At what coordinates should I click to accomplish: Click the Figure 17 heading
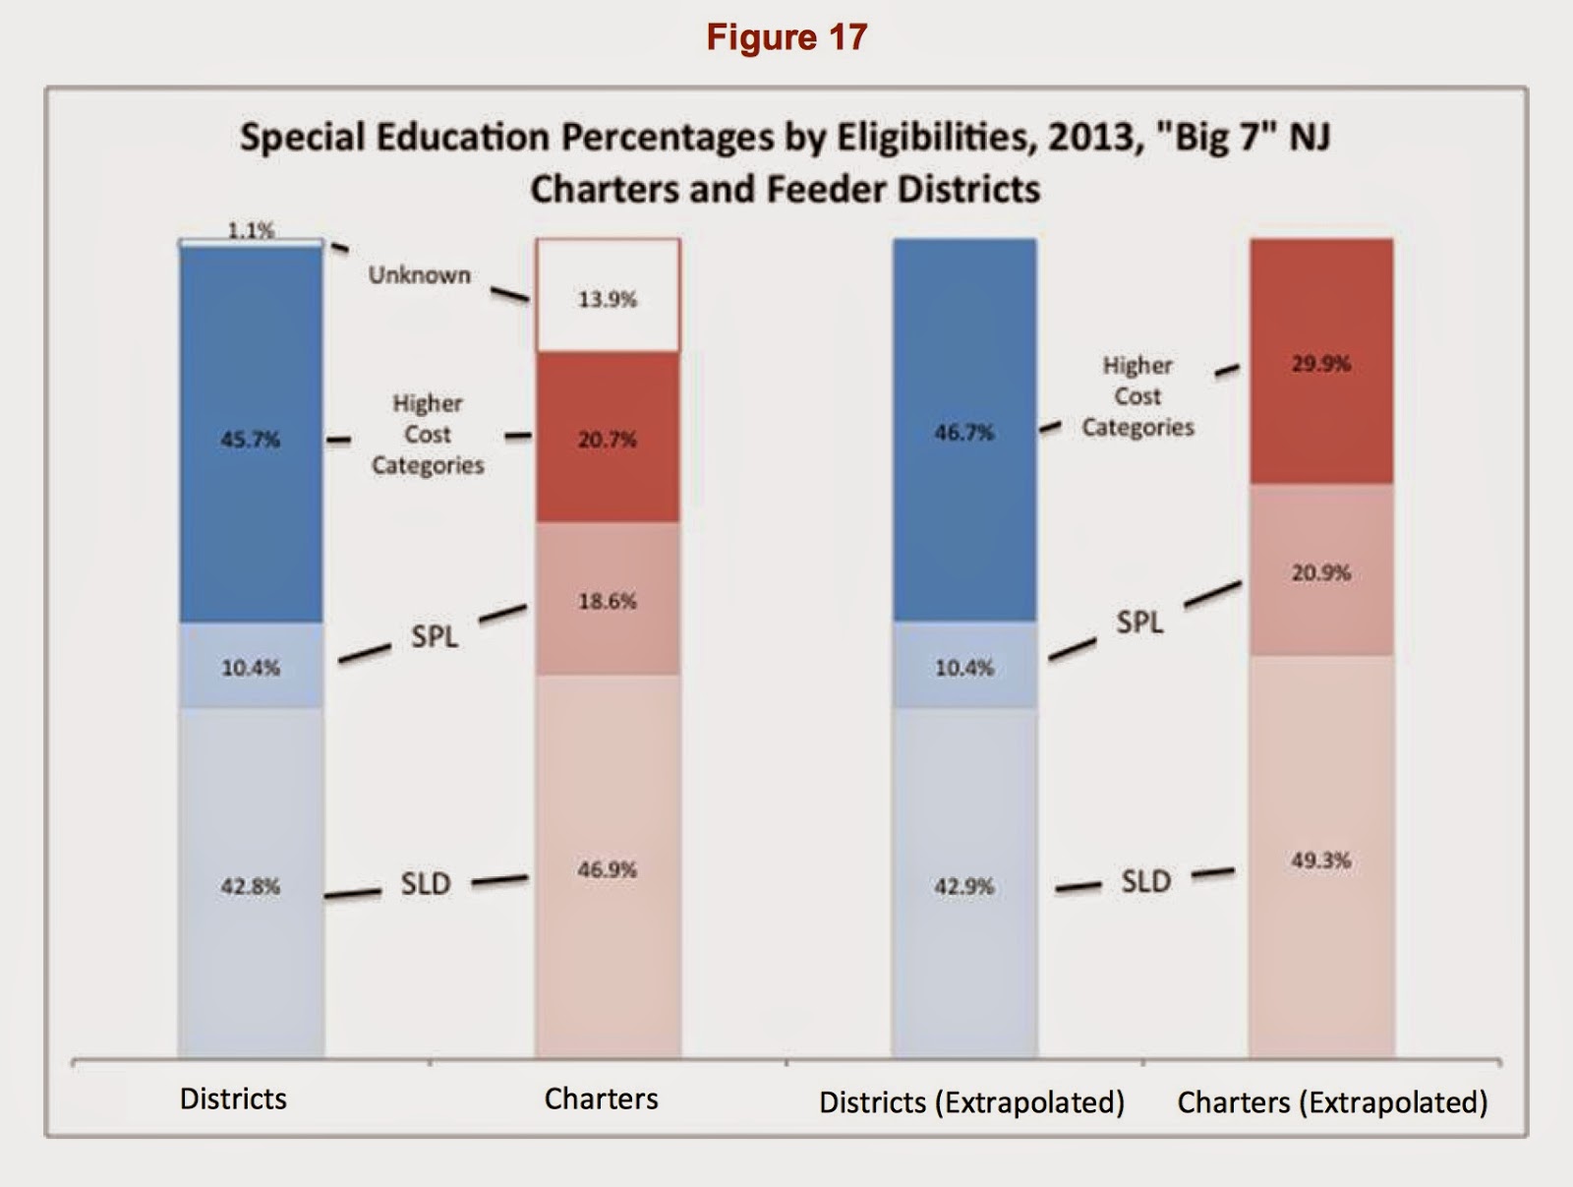[786, 37]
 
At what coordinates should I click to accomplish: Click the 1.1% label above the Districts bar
[251, 230]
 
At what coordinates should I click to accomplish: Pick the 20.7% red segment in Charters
[608, 438]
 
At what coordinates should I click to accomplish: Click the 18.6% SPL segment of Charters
[608, 599]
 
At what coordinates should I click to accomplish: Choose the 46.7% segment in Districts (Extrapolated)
[964, 431]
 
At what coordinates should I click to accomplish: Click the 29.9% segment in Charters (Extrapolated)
[1321, 362]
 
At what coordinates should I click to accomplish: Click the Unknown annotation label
[420, 275]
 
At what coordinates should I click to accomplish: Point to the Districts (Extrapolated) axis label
[971, 1101]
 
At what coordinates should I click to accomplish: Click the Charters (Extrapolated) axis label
[1332, 1101]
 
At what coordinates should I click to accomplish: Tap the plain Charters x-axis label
[601, 1098]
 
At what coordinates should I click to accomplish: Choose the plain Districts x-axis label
[233, 1098]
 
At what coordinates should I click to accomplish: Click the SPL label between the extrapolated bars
[1139, 622]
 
